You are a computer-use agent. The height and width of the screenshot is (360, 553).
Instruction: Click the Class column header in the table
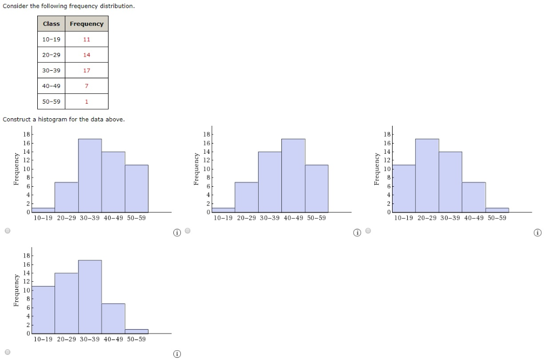[x=51, y=24]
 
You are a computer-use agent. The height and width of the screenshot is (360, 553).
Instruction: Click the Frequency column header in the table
[x=86, y=24]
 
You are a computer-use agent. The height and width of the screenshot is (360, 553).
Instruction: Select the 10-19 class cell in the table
[x=51, y=39]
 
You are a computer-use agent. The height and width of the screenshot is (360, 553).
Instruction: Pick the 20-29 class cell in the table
[x=51, y=55]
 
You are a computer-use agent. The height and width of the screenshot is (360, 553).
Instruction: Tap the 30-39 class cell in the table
[x=51, y=71]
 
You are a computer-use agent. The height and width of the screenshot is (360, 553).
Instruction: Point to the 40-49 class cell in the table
[x=51, y=86]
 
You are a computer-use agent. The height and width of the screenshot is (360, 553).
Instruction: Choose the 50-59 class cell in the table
[x=51, y=102]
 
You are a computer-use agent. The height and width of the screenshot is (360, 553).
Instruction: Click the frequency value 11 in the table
[x=86, y=39]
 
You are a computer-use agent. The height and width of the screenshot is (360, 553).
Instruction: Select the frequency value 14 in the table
[x=86, y=55]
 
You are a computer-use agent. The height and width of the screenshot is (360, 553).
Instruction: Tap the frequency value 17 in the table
[x=86, y=71]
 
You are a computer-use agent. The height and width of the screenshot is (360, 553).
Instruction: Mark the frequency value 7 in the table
[x=86, y=86]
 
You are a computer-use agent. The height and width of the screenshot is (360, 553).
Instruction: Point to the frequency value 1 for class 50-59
[x=86, y=102]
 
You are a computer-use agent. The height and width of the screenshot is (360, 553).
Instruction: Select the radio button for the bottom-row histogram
[x=7, y=352]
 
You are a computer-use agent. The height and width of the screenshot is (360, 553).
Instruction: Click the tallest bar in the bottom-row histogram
[x=90, y=296]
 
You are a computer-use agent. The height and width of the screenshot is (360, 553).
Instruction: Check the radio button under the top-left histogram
[x=7, y=231]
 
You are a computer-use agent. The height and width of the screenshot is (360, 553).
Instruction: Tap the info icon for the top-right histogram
[x=537, y=233]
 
